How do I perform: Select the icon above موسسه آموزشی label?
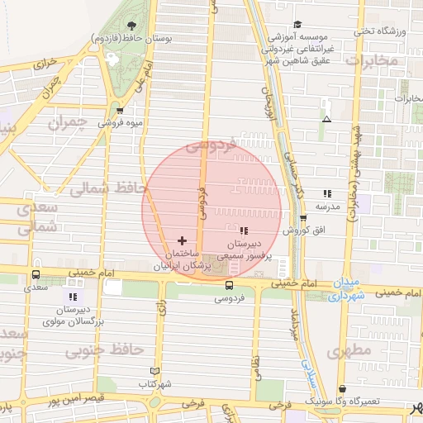pyautogui.click(x=298, y=24)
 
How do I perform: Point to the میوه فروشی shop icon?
pyautogui.click(x=121, y=110)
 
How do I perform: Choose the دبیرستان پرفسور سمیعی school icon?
pyautogui.click(x=243, y=230)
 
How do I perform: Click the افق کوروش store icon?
pyautogui.click(x=303, y=218)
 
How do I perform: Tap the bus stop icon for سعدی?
pyautogui.click(x=36, y=274)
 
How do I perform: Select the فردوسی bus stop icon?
pyautogui.click(x=229, y=285)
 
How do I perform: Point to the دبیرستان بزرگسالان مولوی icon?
pyautogui.click(x=73, y=296)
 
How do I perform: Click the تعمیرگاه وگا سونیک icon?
pyautogui.click(x=342, y=388)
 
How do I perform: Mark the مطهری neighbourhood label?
pyautogui.click(x=349, y=352)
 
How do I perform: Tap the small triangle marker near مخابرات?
pyautogui.click(x=327, y=120)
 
